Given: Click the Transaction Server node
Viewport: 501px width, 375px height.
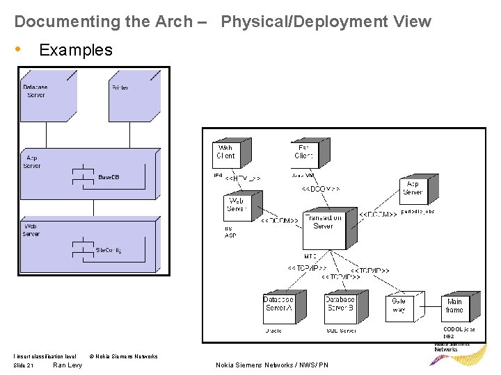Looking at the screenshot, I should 324,228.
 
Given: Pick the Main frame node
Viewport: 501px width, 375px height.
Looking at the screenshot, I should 456,306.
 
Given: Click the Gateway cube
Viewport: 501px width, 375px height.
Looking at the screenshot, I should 401,306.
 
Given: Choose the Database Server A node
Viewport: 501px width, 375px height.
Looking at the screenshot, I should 280,306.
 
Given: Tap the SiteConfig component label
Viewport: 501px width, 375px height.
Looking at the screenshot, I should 108,250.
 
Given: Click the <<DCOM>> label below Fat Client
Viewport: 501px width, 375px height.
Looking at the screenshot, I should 321,188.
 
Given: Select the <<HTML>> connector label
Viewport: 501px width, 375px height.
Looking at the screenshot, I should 242,178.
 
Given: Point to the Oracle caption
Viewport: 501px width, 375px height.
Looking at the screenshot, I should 273,331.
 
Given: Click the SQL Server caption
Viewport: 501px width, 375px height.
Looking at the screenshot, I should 341,331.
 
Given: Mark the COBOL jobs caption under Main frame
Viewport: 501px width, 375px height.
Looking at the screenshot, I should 459,329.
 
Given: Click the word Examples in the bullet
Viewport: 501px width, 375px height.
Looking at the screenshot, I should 76,50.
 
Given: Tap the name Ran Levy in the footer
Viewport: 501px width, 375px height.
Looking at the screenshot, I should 67,365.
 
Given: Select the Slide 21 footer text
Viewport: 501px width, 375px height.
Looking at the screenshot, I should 24,365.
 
